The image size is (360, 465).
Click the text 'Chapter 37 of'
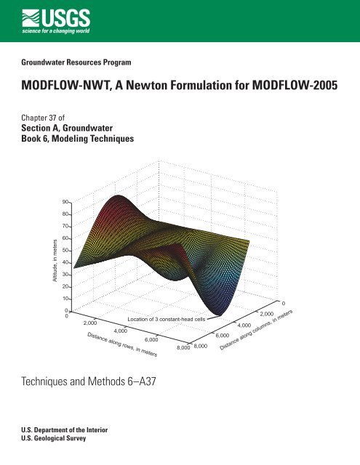tap(49, 116)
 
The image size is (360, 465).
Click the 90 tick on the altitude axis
tap(65, 201)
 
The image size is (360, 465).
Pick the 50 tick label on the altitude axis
tap(65, 250)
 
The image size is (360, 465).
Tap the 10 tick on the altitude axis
tap(65, 299)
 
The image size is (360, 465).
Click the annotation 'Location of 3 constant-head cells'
tap(167, 318)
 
